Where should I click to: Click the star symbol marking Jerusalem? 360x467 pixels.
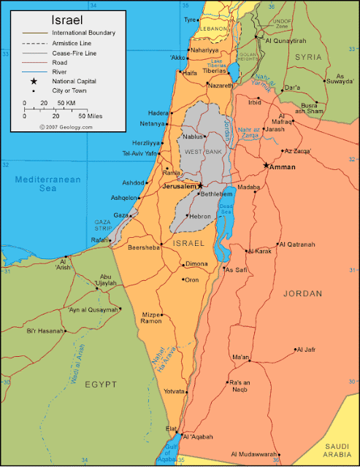pyautogui.click(x=200, y=185)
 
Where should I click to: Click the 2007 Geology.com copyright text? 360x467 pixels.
pyautogui.click(x=67, y=126)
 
